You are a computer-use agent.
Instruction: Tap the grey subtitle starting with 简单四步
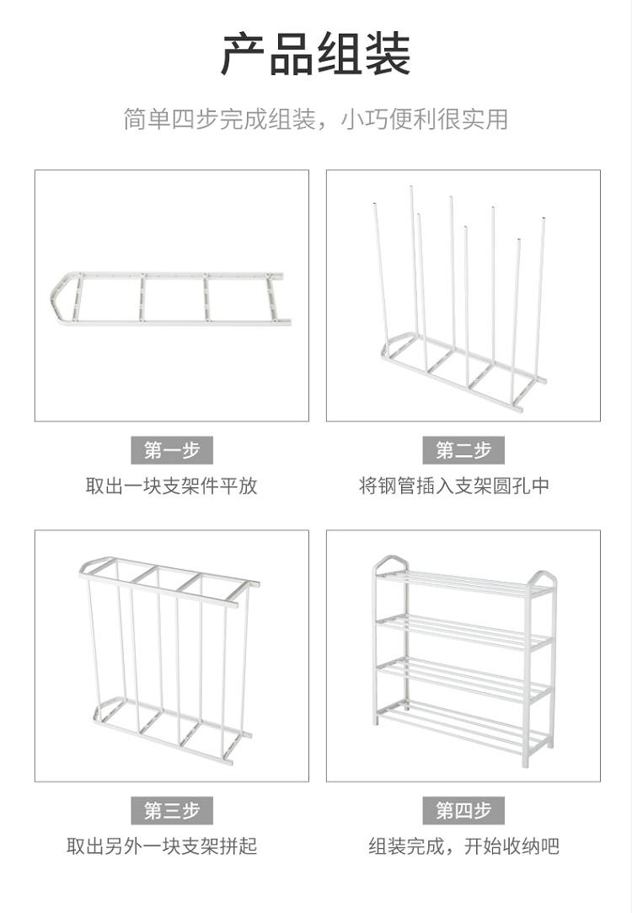coord(316,119)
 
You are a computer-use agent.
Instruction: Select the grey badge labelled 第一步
coord(172,450)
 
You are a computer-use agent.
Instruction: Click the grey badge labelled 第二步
coord(463,450)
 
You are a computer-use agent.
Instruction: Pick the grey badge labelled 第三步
coord(172,811)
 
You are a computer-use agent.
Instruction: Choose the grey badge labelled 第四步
coord(463,811)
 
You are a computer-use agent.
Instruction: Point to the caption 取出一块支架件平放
coord(172,486)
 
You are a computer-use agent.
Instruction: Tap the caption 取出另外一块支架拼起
coord(162,846)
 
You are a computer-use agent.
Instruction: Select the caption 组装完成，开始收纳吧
coord(463,846)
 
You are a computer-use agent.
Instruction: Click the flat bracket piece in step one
coord(169,298)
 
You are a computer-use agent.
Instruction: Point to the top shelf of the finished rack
coord(463,582)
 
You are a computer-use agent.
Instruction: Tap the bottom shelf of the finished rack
coord(463,725)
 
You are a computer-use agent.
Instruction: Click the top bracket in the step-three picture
coord(169,578)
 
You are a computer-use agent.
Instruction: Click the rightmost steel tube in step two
coord(539,295)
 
